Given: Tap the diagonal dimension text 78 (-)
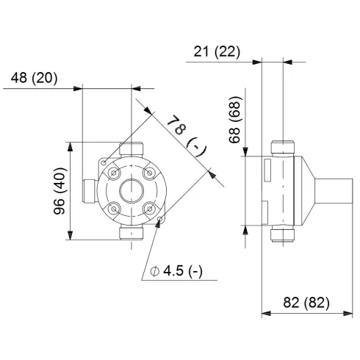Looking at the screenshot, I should coord(184,134).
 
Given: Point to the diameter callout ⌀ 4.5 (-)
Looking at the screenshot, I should coord(176,271).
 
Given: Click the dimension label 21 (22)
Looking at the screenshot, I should coord(218,51).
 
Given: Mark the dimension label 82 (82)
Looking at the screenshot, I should coord(306,302).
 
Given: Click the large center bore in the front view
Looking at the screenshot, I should coord(132,192).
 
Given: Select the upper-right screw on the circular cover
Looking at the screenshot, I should coord(150,174).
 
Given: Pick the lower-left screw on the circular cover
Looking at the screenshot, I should coord(115,209).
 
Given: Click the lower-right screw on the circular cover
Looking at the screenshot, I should coord(150,209).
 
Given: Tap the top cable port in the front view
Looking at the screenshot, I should coord(132,149).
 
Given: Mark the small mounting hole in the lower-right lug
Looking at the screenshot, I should coord(161,219).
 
